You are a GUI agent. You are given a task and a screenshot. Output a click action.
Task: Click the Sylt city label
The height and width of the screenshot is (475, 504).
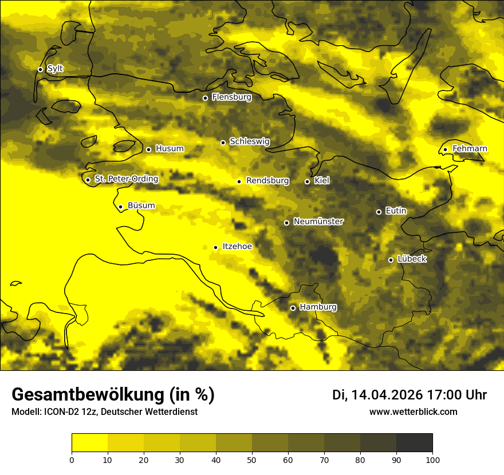point(55,69)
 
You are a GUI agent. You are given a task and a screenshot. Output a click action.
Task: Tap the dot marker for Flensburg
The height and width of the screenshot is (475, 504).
point(205,98)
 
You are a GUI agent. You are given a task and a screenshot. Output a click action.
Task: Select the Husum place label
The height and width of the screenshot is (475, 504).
point(170,149)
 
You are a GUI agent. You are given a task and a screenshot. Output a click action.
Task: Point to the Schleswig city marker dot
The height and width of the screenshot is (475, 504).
point(223,142)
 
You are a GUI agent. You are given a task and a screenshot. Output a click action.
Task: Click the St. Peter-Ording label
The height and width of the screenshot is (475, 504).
point(126,179)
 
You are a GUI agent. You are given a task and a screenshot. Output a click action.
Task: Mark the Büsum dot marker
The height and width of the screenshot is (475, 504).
point(120,207)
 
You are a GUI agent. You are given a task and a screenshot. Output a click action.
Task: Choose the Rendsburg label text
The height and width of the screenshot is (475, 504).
point(267,181)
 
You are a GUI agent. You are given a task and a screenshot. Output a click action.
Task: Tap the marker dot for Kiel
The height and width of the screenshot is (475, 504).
point(307,181)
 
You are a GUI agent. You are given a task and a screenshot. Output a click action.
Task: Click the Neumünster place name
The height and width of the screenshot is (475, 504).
point(318,221)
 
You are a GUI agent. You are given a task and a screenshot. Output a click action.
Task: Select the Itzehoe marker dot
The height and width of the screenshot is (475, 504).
point(215,247)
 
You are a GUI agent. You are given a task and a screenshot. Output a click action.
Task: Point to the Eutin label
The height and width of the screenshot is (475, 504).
point(396,211)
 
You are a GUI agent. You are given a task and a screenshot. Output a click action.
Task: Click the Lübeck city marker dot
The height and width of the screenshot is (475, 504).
point(391,260)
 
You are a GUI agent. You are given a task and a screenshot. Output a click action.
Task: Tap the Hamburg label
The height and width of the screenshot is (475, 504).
point(318,307)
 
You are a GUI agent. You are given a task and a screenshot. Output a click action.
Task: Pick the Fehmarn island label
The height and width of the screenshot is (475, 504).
point(470,149)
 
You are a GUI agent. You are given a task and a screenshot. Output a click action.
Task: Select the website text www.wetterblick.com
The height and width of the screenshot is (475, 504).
point(413,412)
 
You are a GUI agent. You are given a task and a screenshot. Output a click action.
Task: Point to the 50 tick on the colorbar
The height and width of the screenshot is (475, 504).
point(252,459)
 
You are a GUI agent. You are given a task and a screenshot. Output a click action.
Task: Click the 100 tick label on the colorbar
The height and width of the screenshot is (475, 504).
point(432,459)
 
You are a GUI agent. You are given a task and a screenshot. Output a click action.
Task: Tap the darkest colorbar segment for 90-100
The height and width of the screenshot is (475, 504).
point(414,442)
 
